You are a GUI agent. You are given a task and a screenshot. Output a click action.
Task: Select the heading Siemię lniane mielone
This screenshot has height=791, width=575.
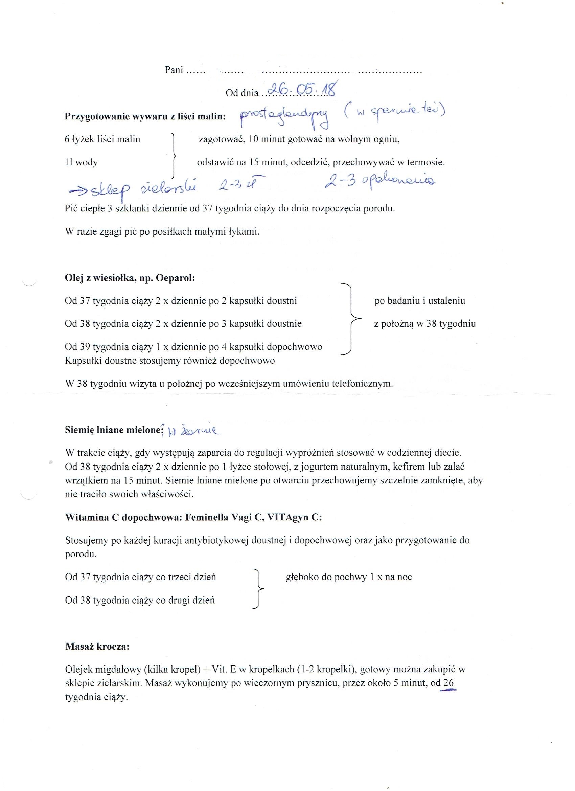(114, 430)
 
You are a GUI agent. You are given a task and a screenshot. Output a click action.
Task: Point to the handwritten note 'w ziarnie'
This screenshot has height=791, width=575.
(194, 431)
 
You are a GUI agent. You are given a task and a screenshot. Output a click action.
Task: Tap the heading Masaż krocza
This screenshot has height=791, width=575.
(97, 646)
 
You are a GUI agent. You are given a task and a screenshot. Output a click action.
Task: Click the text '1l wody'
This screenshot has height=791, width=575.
(81, 162)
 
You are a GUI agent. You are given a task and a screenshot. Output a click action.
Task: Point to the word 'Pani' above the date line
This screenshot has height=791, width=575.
(174, 70)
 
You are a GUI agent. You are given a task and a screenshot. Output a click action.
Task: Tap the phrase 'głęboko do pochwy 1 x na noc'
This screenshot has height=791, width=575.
(349, 577)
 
